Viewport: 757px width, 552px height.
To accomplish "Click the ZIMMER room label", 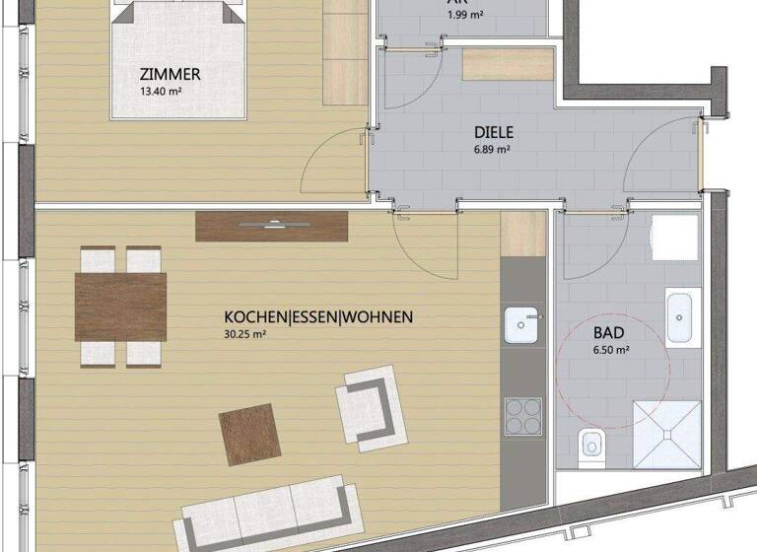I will (x=171, y=74).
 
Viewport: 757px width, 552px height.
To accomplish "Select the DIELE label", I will (x=494, y=131).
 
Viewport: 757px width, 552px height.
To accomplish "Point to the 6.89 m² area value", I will (x=491, y=150).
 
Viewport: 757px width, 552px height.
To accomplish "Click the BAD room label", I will (x=609, y=333).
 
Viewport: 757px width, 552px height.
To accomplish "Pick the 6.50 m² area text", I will (x=610, y=351).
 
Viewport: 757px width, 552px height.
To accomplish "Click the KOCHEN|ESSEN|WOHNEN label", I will (x=318, y=317).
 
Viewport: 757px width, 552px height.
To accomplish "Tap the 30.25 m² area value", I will (x=246, y=334).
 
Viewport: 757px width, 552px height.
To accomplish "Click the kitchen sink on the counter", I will (x=522, y=324).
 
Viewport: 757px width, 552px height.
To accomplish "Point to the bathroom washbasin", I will (x=682, y=316).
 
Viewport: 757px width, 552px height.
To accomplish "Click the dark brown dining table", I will (x=120, y=306).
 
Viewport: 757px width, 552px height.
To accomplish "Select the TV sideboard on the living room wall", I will (x=273, y=226).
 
